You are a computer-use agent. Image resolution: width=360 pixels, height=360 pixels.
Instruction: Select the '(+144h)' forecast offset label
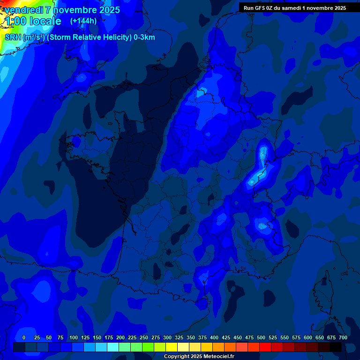[x=83, y=21]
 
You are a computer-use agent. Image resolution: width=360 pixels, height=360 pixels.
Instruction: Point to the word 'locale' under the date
[x=45, y=21]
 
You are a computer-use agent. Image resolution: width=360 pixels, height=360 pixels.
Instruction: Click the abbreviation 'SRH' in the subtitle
[x=13, y=37]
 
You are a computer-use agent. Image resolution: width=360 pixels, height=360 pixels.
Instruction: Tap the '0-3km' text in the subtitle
[x=144, y=37]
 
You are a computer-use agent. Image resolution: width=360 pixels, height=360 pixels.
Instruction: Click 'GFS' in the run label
[x=259, y=8]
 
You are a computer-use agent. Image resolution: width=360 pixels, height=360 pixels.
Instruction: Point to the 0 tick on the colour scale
[x=24, y=337]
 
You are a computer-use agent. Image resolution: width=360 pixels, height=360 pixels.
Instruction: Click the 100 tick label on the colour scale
[x=74, y=337]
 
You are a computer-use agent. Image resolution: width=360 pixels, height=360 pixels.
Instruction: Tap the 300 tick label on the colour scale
[x=167, y=337]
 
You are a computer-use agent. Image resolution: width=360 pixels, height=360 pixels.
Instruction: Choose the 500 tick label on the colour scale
[x=261, y=337]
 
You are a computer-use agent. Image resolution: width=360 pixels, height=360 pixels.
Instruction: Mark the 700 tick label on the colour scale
[x=343, y=337]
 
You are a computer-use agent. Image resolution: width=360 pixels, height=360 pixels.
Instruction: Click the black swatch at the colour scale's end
[x=336, y=347]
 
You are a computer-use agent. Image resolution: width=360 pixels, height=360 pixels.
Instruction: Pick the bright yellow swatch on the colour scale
[x=172, y=347]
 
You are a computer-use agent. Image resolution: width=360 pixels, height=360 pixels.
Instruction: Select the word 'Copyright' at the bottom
[x=177, y=357]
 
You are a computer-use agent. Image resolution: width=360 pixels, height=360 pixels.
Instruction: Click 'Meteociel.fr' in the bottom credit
[x=219, y=357]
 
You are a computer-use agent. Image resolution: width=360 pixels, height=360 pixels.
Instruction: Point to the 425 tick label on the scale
[x=226, y=337]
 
